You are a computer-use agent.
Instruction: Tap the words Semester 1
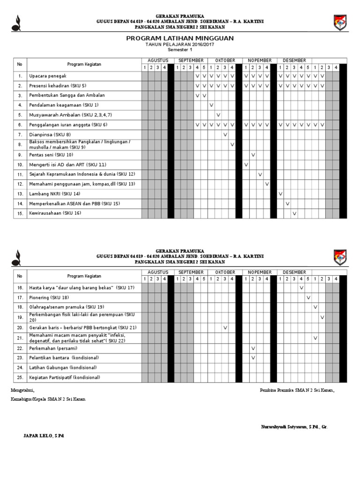click(180, 50)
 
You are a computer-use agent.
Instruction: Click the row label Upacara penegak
click(48, 76)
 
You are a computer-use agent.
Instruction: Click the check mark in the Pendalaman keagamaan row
click(211, 105)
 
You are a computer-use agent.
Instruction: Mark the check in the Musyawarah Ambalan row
click(218, 115)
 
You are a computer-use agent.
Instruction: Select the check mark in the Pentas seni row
click(253, 155)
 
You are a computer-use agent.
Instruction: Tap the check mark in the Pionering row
click(308, 298)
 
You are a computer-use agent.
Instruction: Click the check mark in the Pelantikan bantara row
click(253, 358)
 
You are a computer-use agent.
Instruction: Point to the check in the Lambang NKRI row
click(281, 194)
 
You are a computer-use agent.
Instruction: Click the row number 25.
click(20, 377)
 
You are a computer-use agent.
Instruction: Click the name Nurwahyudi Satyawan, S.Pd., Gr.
click(294, 427)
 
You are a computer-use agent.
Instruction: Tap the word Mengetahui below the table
click(22, 390)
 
